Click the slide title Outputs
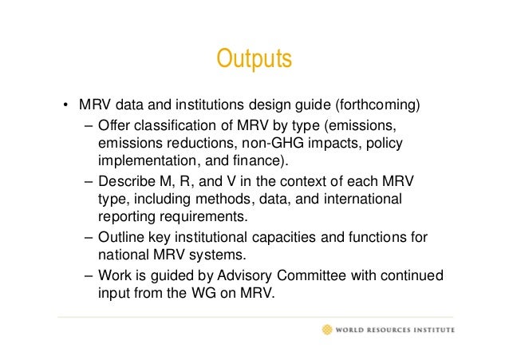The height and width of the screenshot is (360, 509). tap(254, 60)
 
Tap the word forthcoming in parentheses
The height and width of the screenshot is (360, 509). tap(377, 105)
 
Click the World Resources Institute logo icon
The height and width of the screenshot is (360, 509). tap(327, 329)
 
